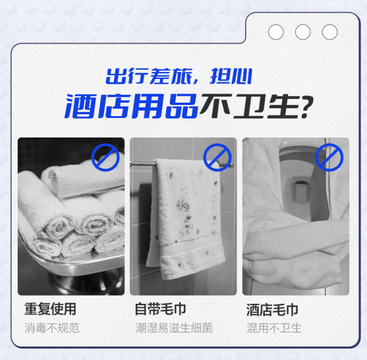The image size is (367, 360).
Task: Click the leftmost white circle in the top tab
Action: (276, 32)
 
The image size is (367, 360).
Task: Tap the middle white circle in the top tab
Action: (303, 32)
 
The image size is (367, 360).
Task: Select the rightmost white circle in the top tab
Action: (330, 32)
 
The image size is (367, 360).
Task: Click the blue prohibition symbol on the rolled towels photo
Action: (105, 157)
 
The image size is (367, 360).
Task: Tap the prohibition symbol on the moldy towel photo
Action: (217, 157)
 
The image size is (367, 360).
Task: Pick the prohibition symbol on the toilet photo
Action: (329, 157)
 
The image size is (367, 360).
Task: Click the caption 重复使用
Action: (50, 309)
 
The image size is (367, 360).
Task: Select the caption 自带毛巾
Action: (160, 309)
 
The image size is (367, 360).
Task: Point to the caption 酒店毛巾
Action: (272, 309)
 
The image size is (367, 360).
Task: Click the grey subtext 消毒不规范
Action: (52, 328)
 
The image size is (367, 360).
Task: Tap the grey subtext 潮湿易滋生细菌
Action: (174, 328)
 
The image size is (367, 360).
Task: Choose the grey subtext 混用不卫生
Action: (274, 328)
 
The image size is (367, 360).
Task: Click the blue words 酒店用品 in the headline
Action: (132, 106)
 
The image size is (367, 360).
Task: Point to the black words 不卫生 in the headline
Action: (250, 106)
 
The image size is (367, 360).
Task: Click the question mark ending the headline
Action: (307, 107)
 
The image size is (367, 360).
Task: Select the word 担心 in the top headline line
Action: (231, 76)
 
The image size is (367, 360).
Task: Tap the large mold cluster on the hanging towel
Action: (183, 205)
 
